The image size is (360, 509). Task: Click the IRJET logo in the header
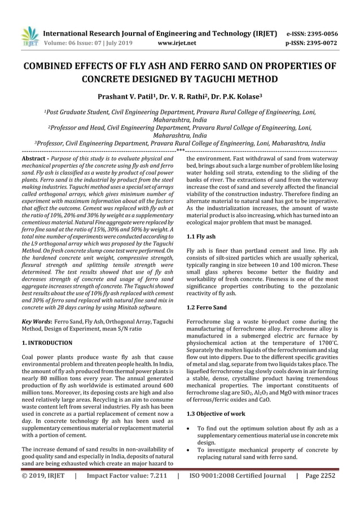[30, 37]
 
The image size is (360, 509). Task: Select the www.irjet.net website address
[178, 42]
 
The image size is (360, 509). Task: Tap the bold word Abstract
[32, 160]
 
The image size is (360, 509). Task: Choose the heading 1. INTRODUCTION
[47, 343]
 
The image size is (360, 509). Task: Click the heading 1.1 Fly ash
[201, 237]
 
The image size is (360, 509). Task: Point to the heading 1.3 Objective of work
[216, 414]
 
